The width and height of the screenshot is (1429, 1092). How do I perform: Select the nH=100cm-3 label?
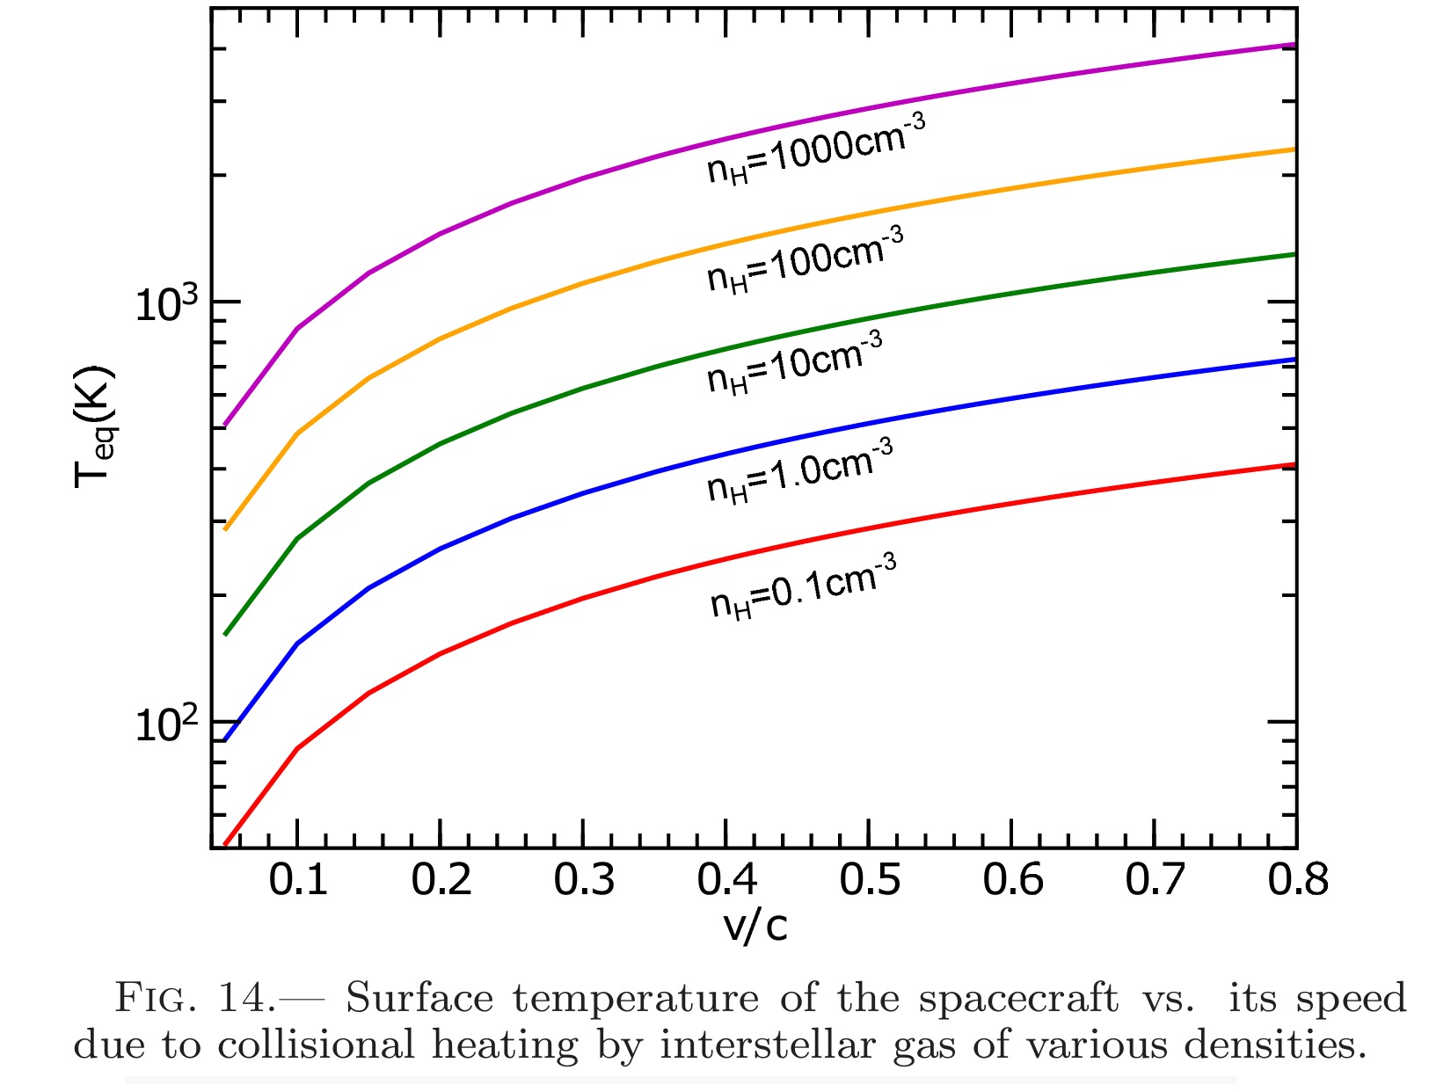point(806,259)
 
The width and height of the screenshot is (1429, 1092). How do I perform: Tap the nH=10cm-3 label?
point(795,363)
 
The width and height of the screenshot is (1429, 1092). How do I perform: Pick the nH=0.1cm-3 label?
point(804,586)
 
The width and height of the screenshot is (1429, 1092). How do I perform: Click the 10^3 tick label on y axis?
point(166,303)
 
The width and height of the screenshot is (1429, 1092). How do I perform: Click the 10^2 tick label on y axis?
point(166,724)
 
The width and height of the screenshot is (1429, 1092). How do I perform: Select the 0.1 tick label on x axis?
point(298,879)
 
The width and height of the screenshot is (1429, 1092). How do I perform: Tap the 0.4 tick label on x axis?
point(726,879)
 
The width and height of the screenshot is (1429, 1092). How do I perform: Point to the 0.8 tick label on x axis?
point(1297,879)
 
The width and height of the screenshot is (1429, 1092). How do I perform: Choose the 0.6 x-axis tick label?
point(1012,879)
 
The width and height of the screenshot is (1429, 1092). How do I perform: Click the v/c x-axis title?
point(755,926)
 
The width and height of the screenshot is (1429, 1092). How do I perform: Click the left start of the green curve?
point(226,634)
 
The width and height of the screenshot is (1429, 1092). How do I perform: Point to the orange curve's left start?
point(226,529)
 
